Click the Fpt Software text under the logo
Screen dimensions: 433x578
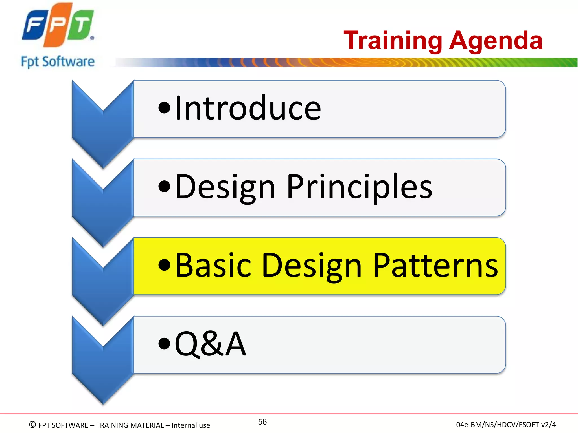[x=58, y=62]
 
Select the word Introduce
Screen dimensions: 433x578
[x=248, y=108]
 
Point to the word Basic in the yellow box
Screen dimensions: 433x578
[x=213, y=265]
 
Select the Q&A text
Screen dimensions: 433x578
[x=210, y=344]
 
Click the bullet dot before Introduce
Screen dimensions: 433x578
[x=165, y=108]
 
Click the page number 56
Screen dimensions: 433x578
[x=262, y=422]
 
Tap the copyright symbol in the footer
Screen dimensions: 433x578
[x=32, y=425]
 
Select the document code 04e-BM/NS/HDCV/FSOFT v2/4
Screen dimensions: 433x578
[x=506, y=425]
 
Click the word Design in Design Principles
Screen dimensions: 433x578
[x=225, y=187]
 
